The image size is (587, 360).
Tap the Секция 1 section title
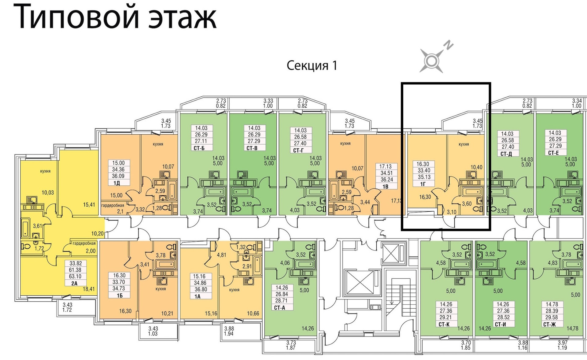312,65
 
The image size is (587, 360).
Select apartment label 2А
74,283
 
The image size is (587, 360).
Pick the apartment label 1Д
116,183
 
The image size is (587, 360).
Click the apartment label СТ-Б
199,148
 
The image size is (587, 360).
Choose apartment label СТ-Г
299,150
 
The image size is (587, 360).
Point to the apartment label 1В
385,186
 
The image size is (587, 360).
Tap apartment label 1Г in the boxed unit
423,184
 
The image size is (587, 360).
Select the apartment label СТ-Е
554,153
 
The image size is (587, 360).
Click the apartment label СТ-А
279,307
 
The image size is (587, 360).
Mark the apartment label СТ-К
444,324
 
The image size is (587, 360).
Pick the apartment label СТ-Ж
549,324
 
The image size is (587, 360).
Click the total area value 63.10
75,276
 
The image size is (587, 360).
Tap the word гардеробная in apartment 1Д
113,206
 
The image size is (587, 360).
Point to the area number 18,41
89,288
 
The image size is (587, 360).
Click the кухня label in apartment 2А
45,171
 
